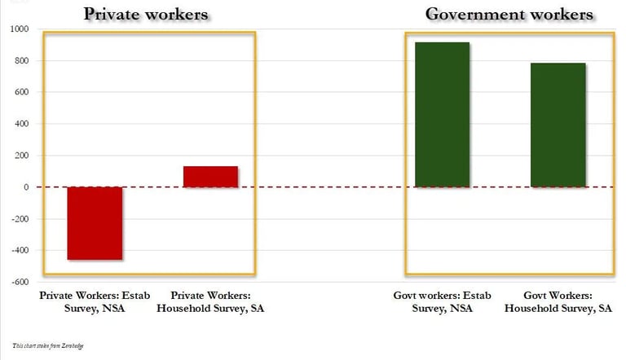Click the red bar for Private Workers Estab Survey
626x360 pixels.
click(95, 223)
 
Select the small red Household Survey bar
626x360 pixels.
click(210, 177)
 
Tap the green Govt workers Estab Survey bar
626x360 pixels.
click(443, 115)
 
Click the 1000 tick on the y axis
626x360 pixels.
click(20, 29)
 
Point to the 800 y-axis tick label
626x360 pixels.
click(21, 61)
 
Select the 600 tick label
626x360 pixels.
click(21, 92)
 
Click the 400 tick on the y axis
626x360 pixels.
click(21, 124)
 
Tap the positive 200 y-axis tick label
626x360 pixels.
click(21, 156)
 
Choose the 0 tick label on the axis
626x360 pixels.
click(26, 187)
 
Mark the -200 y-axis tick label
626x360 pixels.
click(20, 219)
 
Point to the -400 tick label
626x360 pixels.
click(20, 251)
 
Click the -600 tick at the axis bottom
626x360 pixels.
click(20, 283)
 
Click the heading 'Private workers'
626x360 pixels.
click(147, 15)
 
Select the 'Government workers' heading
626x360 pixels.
click(509, 15)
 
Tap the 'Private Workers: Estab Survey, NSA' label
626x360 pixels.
click(95, 301)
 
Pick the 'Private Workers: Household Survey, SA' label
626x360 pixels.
click(210, 301)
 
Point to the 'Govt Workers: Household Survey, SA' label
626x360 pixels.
click(558, 301)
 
